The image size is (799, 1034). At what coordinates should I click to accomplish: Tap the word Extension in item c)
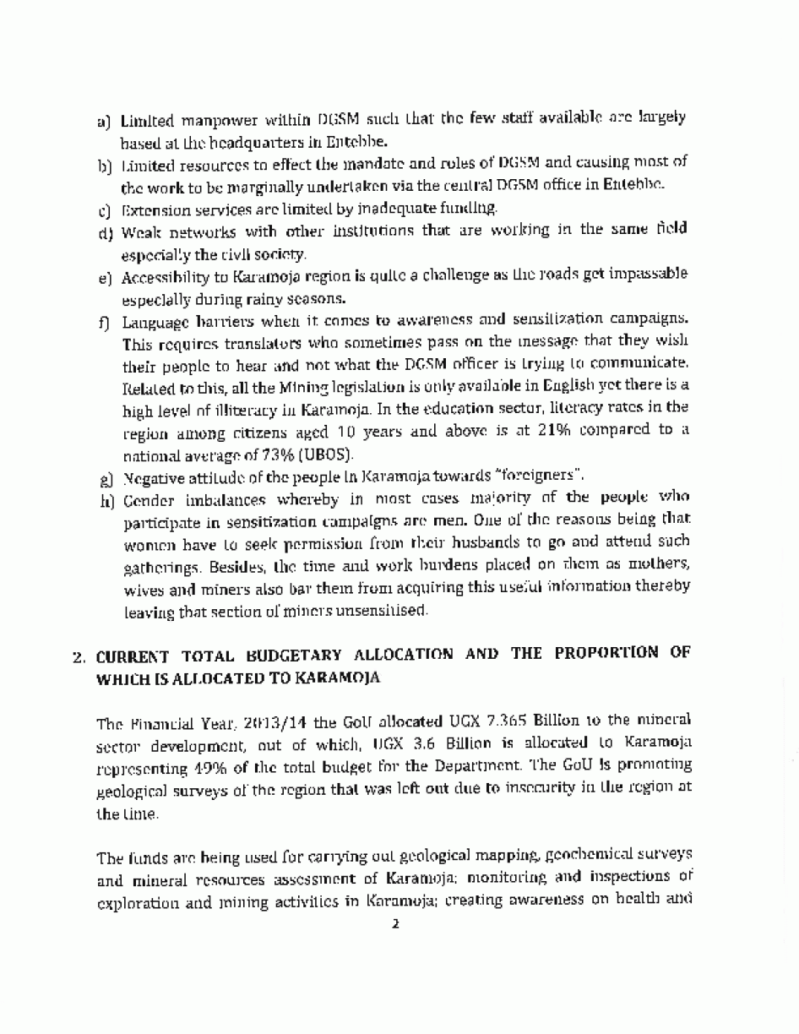(x=151, y=207)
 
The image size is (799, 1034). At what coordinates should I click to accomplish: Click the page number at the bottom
(x=394, y=923)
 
